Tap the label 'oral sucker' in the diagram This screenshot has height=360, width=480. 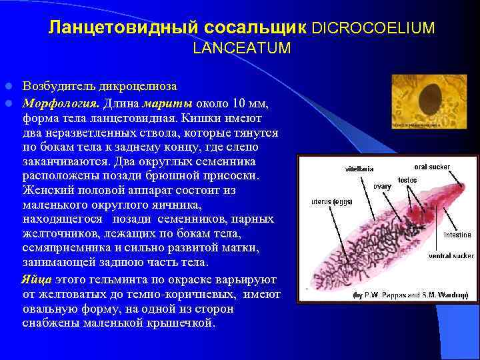coord(431,167)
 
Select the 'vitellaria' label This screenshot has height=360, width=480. coord(359,169)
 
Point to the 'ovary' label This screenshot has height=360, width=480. coord(382,186)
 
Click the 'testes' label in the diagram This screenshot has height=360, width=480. coord(407,180)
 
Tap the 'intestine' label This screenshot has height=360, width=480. coord(457,235)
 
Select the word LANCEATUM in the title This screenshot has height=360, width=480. coord(242,48)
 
